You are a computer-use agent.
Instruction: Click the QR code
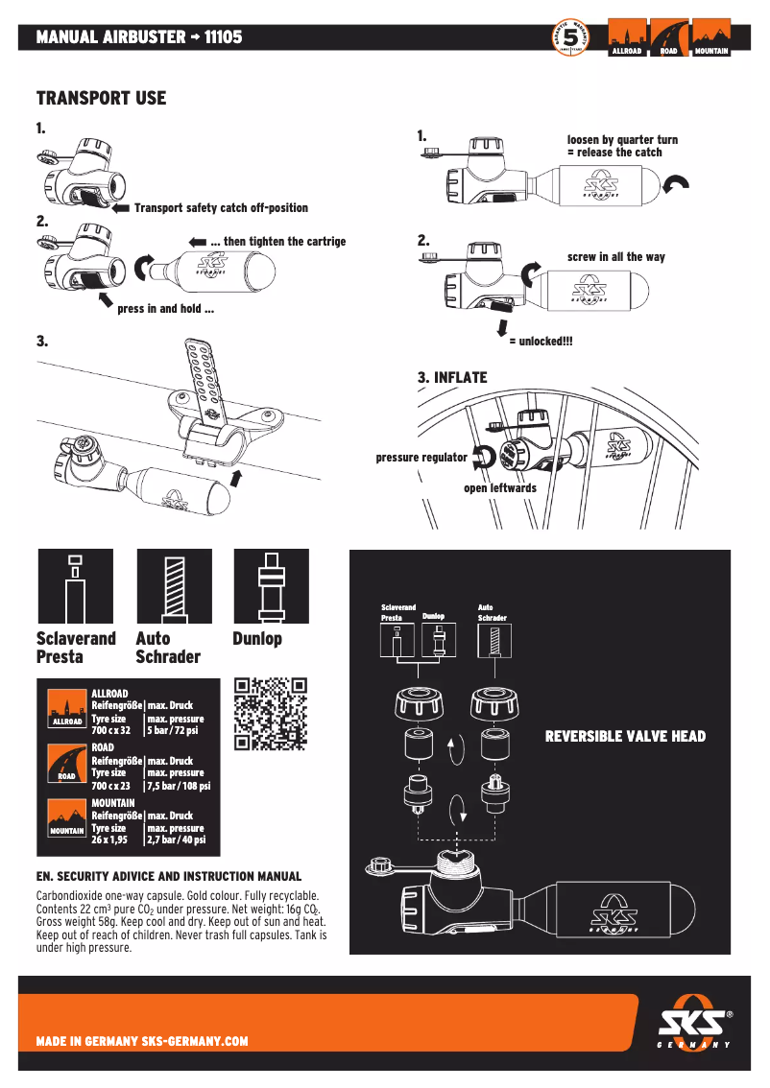(x=271, y=714)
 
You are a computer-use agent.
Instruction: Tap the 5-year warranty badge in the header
(x=570, y=38)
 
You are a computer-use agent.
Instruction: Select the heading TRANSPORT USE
(x=101, y=99)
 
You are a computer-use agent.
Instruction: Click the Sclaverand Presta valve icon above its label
(x=75, y=587)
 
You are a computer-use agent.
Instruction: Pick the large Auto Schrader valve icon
(x=174, y=587)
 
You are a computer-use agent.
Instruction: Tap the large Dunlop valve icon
(x=271, y=587)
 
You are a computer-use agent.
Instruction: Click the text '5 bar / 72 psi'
(x=173, y=731)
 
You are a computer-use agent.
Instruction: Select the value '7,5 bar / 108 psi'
(x=179, y=786)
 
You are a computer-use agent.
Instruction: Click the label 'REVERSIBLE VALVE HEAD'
(x=625, y=737)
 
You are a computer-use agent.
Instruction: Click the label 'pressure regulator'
(x=421, y=458)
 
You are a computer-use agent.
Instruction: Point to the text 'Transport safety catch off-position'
(x=221, y=208)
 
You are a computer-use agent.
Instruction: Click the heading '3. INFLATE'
(x=452, y=378)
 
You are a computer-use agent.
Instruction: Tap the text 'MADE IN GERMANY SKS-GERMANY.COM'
(x=142, y=1041)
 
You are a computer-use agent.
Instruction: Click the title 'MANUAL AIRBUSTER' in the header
(x=110, y=37)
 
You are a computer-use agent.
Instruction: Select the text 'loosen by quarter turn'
(x=622, y=140)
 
